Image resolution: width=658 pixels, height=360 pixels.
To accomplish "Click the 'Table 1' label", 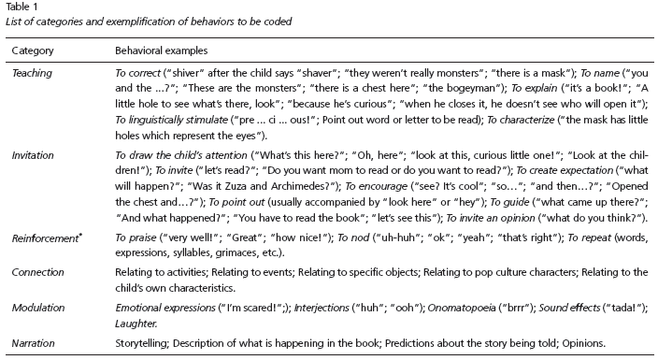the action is click(20, 6).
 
